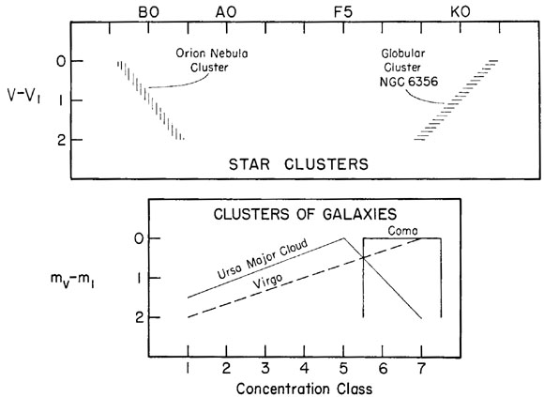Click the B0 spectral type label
149,12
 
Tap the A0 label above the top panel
226,12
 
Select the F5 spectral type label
343,12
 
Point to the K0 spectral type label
461,12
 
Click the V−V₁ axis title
24,96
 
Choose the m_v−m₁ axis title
72,281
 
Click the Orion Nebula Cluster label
212,60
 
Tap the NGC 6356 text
409,82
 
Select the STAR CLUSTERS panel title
298,164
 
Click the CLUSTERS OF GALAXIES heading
305,214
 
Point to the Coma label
402,231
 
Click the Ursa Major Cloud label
263,258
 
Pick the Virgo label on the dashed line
267,282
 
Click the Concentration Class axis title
304,389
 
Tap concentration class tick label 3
265,368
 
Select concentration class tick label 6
383,368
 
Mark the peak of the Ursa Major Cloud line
343,238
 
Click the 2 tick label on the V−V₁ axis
62,140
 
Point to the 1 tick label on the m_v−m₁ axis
139,279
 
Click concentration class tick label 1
188,368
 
